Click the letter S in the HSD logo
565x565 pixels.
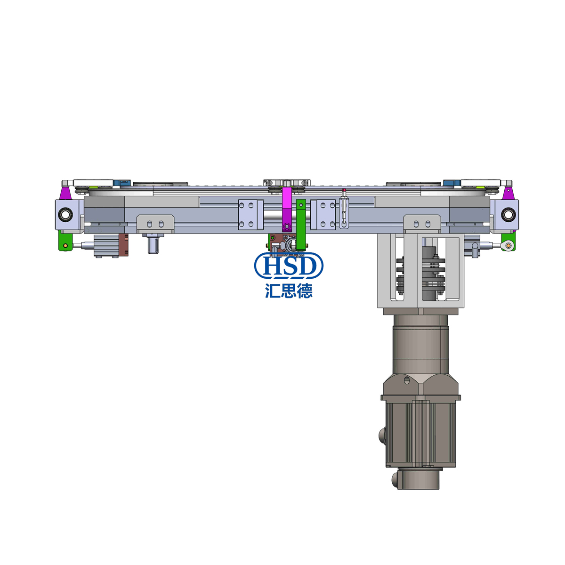coord(288,266)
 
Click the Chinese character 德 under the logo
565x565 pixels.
coord(304,291)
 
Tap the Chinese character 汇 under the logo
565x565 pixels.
coord(273,291)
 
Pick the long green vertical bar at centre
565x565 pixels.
coord(301,224)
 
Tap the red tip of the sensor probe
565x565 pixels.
coord(344,191)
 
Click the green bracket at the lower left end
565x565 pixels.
coord(65,240)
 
